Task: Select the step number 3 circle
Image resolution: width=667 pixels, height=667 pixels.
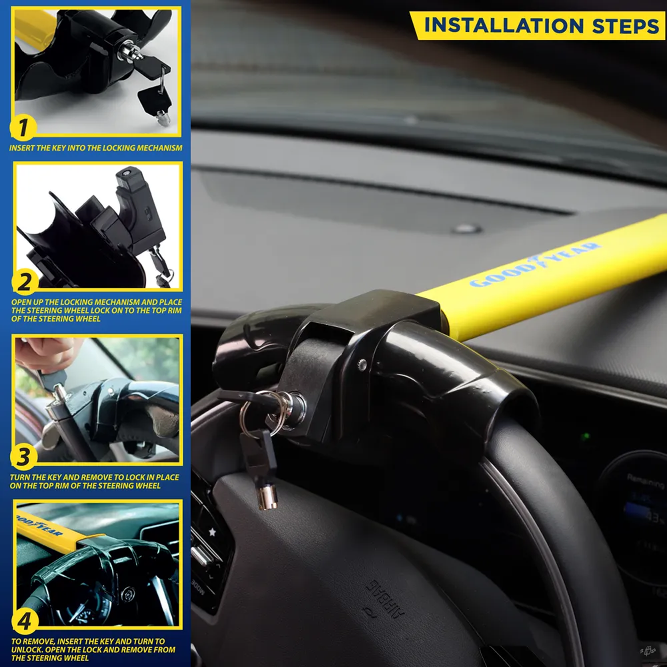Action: click(x=23, y=457)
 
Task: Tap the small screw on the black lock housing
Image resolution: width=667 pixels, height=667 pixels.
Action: click(x=362, y=364)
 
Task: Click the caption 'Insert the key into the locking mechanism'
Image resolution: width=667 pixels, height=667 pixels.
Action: click(x=96, y=148)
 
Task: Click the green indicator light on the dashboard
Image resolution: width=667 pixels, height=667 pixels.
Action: click(x=585, y=436)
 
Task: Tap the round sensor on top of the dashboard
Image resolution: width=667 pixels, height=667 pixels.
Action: click(x=467, y=228)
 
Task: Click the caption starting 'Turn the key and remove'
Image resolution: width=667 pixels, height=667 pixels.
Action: click(x=94, y=481)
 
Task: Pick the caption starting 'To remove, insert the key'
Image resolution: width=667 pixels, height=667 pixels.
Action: click(x=93, y=649)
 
